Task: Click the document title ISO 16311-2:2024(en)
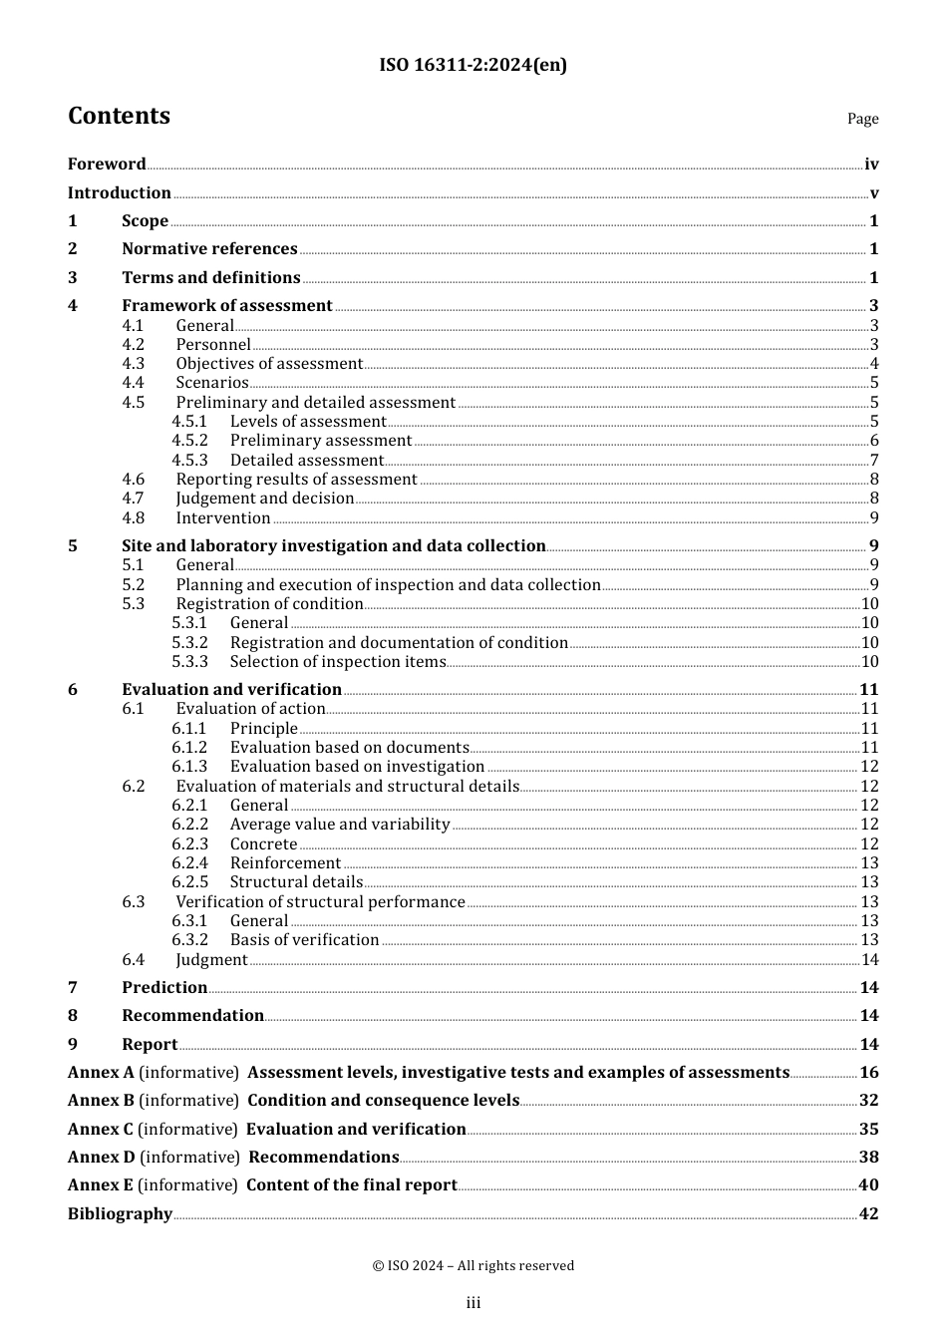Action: [473, 66]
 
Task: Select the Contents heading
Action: [119, 117]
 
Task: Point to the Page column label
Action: [862, 119]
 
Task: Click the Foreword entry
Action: [107, 165]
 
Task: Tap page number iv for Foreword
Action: [871, 165]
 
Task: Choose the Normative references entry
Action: [209, 249]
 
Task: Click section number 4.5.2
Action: [189, 441]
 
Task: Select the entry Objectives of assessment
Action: [269, 364]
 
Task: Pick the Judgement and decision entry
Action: [265, 499]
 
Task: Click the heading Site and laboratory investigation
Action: [333, 546]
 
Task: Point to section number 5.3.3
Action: [189, 662]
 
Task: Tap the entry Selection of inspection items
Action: [337, 662]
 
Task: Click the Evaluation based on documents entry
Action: [349, 748]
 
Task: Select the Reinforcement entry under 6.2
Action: [285, 863]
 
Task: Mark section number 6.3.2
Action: [189, 940]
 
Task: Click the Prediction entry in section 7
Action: [164, 988]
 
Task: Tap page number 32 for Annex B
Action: [868, 1101]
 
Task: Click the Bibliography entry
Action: [120, 1214]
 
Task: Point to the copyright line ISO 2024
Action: [473, 1266]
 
